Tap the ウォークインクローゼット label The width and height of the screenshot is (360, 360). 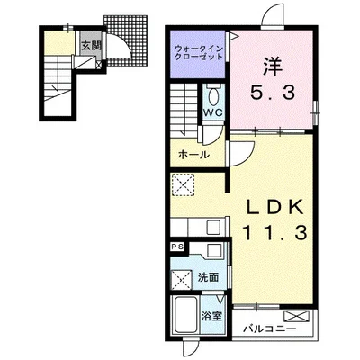click(199, 52)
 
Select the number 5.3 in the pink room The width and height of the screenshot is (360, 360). click(273, 93)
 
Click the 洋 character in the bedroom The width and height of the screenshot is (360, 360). click(273, 67)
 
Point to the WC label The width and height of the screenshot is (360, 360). click(214, 112)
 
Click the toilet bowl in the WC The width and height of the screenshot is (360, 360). click(214, 96)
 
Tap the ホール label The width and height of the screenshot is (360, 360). click(193, 155)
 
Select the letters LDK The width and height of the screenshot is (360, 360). click(275, 207)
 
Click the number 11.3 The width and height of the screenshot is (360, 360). click(275, 233)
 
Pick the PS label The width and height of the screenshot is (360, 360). click(177, 247)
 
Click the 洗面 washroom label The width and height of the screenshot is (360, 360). click(208, 277)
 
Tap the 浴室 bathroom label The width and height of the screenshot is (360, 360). click(211, 316)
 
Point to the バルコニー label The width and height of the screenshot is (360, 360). click(269, 328)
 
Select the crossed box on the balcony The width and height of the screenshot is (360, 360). click(296, 316)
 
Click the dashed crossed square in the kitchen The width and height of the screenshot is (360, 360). click(183, 184)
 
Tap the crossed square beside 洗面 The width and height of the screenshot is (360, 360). click(182, 279)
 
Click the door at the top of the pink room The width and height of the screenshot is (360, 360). click(273, 15)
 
